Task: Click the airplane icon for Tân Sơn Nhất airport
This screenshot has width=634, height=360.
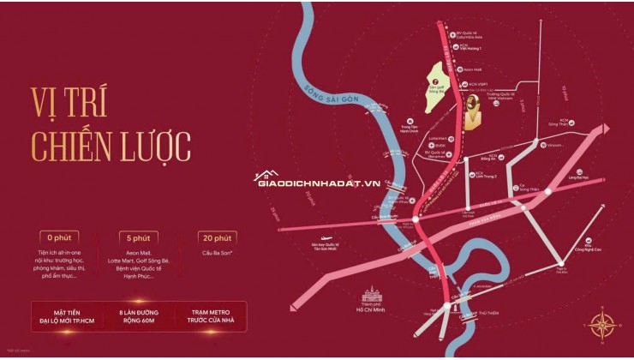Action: tap(326, 239)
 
